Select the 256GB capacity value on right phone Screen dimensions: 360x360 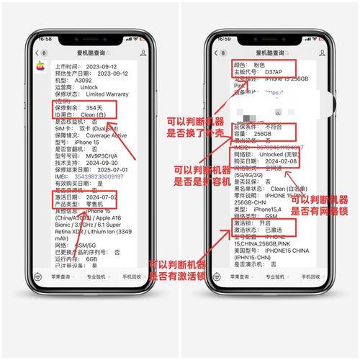coord(264,134)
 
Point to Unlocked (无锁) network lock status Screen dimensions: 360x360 coord(281,155)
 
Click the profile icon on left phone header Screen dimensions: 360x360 coord(143,53)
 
